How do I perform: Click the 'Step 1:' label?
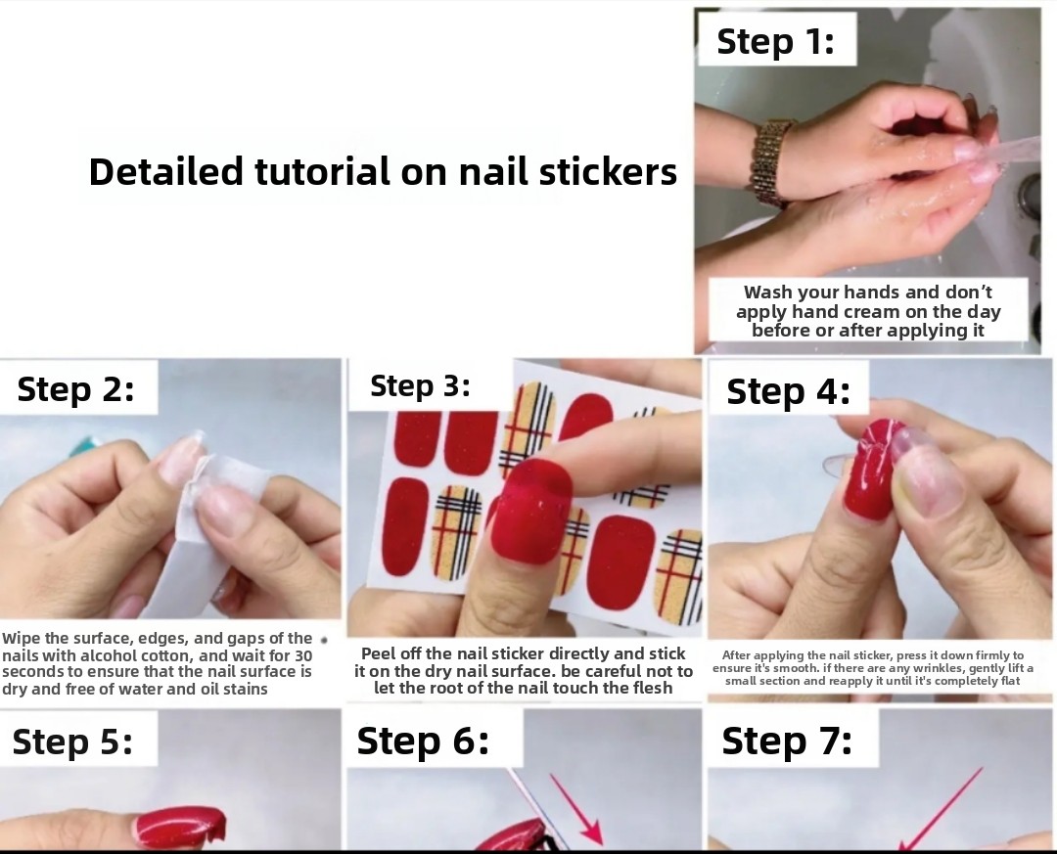[775, 41]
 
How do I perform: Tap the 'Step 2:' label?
[75, 389]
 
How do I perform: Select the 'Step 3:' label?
[420, 385]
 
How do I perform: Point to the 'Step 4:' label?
[788, 391]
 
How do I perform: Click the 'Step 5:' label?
[72, 742]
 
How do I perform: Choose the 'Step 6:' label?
[423, 741]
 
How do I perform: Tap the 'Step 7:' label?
[787, 741]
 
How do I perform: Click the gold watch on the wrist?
[769, 161]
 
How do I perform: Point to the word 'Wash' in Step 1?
[768, 292]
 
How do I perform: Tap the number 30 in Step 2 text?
[303, 655]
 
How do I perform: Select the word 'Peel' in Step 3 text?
[377, 653]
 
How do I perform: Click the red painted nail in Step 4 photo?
[870, 470]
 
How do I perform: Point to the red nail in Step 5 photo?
[181, 827]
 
